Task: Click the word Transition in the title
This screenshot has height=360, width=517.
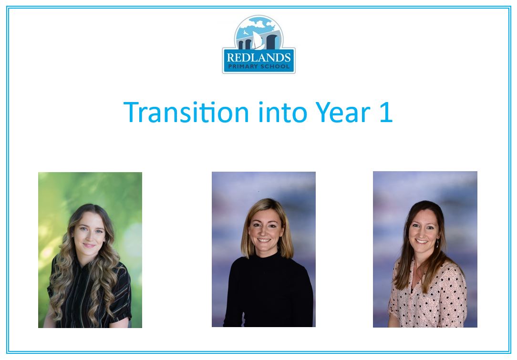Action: pyautogui.click(x=186, y=112)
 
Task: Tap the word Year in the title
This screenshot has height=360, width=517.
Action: pyautogui.click(x=343, y=112)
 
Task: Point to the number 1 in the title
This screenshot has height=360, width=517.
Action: pyautogui.click(x=386, y=112)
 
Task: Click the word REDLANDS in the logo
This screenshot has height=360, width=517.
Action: pyautogui.click(x=259, y=58)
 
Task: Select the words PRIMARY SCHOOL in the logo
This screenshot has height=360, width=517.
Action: pyautogui.click(x=259, y=66)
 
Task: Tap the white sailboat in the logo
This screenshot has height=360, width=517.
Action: pyautogui.click(x=258, y=41)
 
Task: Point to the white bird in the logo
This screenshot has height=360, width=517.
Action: pyautogui.click(x=246, y=32)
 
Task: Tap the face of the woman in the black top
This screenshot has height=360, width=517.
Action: pyautogui.click(x=266, y=231)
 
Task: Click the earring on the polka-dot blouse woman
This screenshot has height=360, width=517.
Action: pyautogui.click(x=437, y=244)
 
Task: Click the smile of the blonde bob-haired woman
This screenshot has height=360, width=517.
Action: pyautogui.click(x=264, y=240)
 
